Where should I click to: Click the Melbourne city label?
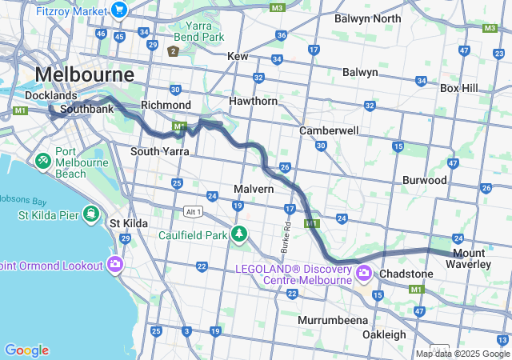(x=84, y=74)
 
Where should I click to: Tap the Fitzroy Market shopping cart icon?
(x=119, y=10)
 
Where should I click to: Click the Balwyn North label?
(x=367, y=18)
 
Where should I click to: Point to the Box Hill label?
(x=458, y=87)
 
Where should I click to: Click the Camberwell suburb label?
(x=329, y=130)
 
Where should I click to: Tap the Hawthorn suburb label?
(x=253, y=102)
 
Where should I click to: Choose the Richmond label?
(x=166, y=105)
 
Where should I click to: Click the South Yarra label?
(x=158, y=150)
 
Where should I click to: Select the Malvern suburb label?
(x=254, y=189)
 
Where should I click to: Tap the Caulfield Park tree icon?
(x=238, y=234)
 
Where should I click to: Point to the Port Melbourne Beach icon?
(x=42, y=161)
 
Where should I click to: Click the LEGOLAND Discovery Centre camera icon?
(x=364, y=274)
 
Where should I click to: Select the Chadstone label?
(x=406, y=274)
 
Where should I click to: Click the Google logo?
(x=26, y=350)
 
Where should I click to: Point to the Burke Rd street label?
(x=285, y=234)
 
